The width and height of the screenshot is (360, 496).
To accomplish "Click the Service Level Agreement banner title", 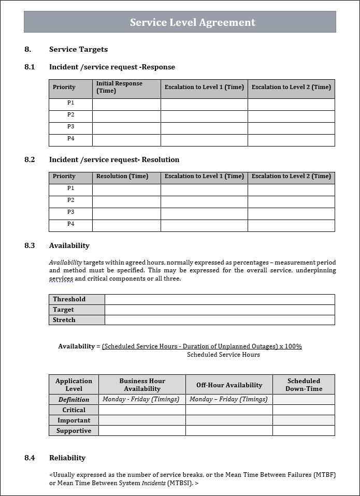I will click(x=192, y=22).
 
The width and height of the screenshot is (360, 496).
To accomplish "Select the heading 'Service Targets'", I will click(x=78, y=49).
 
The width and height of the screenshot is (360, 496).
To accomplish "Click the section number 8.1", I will click(x=30, y=67).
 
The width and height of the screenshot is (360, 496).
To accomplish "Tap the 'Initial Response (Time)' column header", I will click(x=119, y=87).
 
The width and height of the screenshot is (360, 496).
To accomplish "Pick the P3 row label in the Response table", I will click(x=70, y=126).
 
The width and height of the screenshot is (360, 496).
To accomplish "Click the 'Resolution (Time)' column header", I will click(x=122, y=176).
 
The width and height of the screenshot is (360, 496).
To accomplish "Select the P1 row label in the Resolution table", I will click(x=70, y=188).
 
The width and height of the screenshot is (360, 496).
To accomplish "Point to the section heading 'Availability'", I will click(x=69, y=245).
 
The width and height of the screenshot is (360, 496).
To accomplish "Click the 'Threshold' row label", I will click(x=69, y=299).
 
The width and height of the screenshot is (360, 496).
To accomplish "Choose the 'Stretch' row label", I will click(x=64, y=320).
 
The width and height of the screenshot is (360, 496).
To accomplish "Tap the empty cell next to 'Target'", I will click(x=220, y=310).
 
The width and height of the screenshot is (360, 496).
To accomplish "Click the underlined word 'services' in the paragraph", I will click(x=61, y=279).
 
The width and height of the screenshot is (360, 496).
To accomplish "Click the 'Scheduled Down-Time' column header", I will click(x=304, y=385).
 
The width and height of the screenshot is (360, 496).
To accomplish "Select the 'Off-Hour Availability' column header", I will click(x=229, y=385).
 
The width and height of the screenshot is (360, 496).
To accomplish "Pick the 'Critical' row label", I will click(x=74, y=410).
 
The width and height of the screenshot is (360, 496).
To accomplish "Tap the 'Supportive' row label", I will click(x=74, y=431).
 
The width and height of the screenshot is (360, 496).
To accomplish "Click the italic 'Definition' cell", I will click(x=74, y=400).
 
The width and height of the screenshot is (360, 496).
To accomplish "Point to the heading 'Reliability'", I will click(x=67, y=458).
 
